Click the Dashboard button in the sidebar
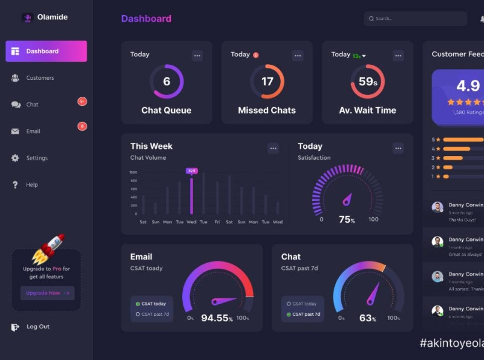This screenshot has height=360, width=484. tap(46, 51)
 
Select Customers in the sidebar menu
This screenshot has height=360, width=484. tap(39, 78)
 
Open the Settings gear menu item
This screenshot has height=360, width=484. tap(36, 158)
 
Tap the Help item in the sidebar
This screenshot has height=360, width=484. tap(31, 185)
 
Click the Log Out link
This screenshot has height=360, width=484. tap(38, 327)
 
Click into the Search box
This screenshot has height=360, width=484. tap(417, 19)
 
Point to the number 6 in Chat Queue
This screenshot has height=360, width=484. tap(166, 82)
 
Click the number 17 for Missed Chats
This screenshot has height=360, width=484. tap(267, 82)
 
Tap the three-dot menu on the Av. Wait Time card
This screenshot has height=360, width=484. tap(398, 56)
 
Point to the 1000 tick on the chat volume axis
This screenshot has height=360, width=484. tap(133, 172)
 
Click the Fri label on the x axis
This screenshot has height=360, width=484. tap(217, 222)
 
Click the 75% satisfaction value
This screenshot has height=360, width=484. tap(347, 220)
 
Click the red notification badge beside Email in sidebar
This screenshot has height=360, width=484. tap(82, 126)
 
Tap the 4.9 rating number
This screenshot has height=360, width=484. tap(468, 85)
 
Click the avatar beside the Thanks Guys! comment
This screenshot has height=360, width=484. tap(437, 208)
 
